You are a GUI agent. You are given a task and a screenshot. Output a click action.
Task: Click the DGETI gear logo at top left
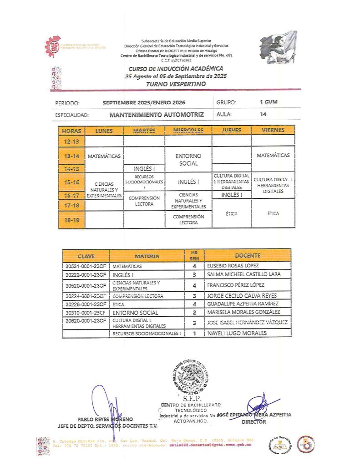(x=53, y=46)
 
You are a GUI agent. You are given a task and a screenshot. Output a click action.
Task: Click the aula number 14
(x=263, y=114)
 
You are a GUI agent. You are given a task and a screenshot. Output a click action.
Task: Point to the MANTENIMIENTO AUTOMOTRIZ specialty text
(x=157, y=115)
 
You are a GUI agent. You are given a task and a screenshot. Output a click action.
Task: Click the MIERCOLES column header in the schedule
(x=188, y=130)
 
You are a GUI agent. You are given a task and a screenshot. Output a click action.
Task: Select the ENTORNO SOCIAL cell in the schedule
(x=188, y=160)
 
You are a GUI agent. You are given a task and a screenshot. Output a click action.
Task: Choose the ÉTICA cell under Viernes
(x=273, y=213)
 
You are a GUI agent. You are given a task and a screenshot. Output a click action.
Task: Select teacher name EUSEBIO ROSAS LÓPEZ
(x=233, y=266)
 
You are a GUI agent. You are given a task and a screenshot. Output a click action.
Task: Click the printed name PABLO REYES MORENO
(x=105, y=419)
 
